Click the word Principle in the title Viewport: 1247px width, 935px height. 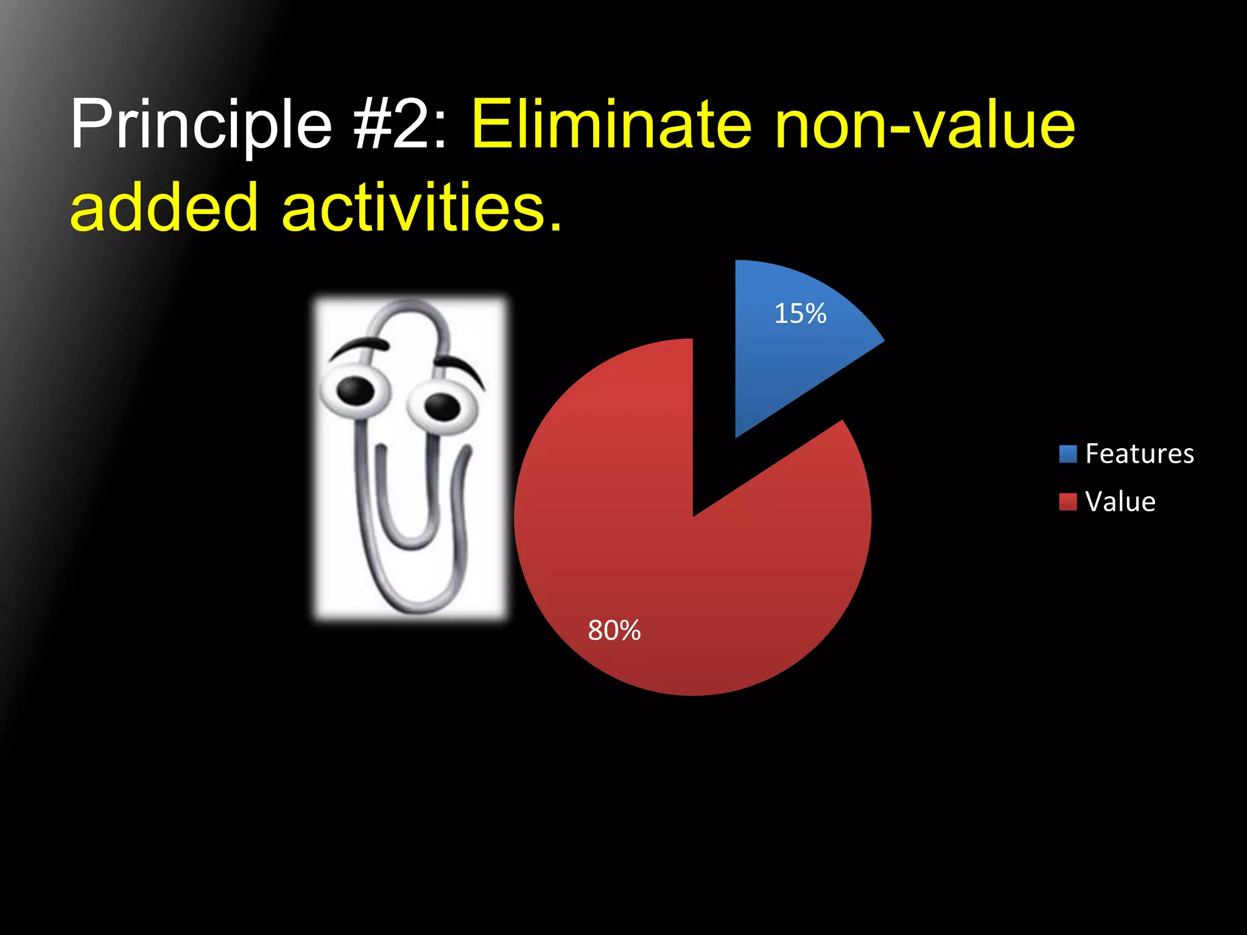[x=201, y=125]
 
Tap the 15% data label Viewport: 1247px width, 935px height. [x=800, y=314]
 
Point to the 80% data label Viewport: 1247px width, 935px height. [x=614, y=631]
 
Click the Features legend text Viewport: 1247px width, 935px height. [x=1139, y=454]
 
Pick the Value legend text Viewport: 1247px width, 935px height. [x=1120, y=502]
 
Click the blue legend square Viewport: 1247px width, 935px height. [x=1068, y=454]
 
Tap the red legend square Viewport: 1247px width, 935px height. [x=1068, y=502]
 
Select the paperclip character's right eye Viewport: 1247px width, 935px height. [x=442, y=407]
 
